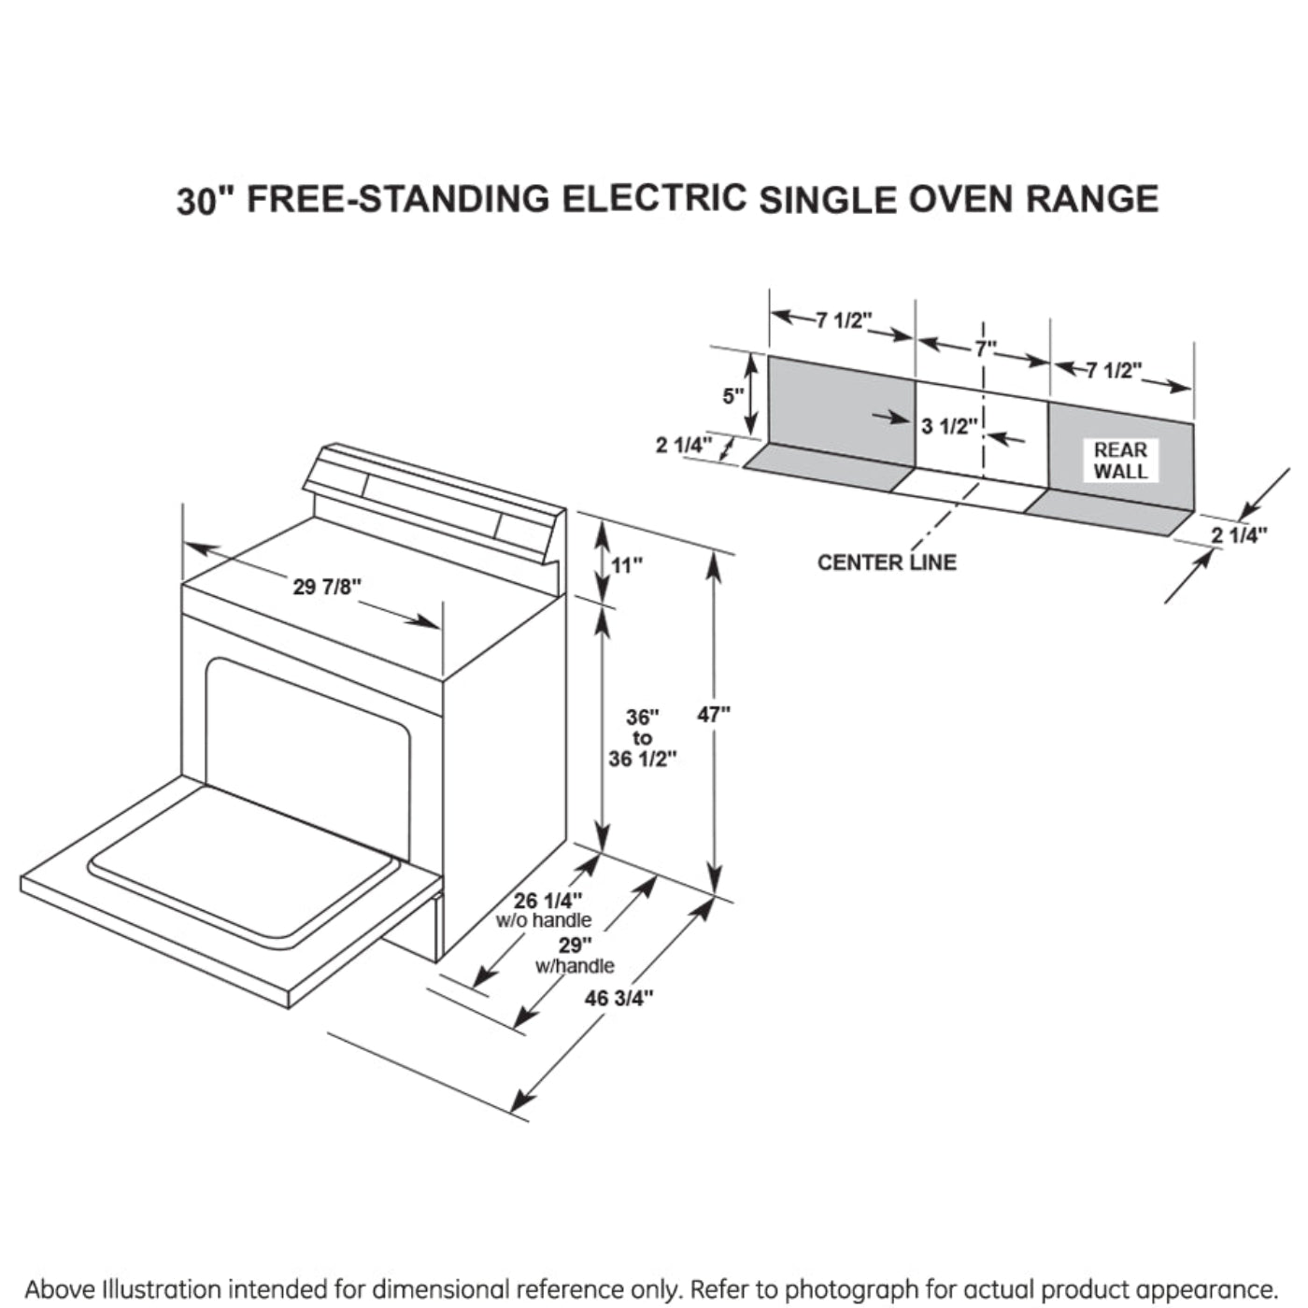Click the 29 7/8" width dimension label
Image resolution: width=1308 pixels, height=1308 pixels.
click(x=327, y=587)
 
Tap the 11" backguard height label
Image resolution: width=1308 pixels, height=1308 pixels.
click(x=627, y=565)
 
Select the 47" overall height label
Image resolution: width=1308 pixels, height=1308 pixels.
click(x=714, y=715)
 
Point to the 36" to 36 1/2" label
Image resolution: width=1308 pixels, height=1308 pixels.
click(x=642, y=738)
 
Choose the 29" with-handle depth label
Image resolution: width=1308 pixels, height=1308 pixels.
click(x=571, y=945)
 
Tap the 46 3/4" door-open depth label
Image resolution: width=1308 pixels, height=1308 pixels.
click(x=618, y=999)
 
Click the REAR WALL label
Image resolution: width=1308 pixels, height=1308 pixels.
click(x=1120, y=461)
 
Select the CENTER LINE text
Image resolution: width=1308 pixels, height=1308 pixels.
click(x=887, y=562)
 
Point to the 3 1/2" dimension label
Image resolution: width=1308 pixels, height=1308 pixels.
click(x=949, y=427)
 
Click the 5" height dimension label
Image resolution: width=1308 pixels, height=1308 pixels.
click(x=733, y=396)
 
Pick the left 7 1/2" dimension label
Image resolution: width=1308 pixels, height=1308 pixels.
click(x=843, y=321)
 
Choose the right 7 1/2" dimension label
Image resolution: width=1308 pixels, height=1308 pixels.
click(x=1114, y=371)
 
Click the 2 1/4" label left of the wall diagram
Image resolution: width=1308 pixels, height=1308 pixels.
click(x=684, y=445)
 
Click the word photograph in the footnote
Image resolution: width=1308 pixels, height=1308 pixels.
click(x=849, y=1289)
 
